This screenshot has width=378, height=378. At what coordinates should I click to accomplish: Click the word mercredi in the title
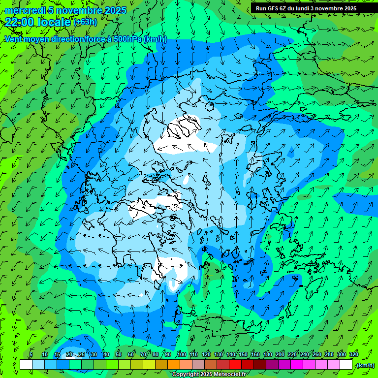click(x=25, y=10)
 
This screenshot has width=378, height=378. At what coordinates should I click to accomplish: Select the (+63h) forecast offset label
click(x=85, y=22)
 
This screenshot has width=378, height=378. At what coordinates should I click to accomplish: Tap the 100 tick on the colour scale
click(x=181, y=355)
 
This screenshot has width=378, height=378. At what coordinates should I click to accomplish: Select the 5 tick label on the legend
click(x=31, y=355)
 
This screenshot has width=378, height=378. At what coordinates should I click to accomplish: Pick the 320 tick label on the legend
click(x=353, y=355)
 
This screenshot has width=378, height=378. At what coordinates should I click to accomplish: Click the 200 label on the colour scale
click(x=280, y=355)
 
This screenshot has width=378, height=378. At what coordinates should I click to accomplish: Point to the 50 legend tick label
click(x=118, y=355)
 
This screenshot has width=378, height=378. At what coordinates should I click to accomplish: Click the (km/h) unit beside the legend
click(x=365, y=365)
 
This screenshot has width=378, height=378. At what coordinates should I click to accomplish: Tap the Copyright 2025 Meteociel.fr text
click(x=210, y=375)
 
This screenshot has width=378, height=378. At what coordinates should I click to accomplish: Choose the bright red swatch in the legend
click(x=235, y=365)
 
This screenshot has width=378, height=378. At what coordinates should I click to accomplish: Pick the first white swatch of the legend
click(x=26, y=365)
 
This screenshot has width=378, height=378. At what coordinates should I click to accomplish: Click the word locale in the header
click(x=55, y=22)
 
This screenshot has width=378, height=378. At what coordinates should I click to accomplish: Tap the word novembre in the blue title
click(x=77, y=10)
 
